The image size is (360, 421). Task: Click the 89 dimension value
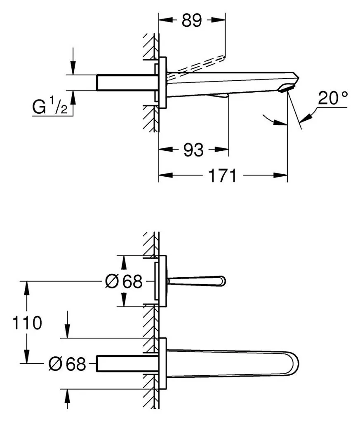(x=191, y=20)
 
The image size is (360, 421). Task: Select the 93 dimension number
(x=193, y=150)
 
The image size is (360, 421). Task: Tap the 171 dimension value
(x=223, y=175)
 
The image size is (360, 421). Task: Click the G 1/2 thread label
(x=49, y=106)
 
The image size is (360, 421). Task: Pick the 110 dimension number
(x=27, y=323)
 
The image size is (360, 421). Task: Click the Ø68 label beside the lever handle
(x=124, y=281)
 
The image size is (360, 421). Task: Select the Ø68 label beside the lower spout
(x=67, y=364)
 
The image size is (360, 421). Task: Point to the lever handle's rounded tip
(x=223, y=281)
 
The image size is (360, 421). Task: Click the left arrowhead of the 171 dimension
(x=165, y=175)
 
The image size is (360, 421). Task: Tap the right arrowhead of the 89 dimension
(x=219, y=20)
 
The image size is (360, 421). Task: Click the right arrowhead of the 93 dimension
(x=222, y=149)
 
